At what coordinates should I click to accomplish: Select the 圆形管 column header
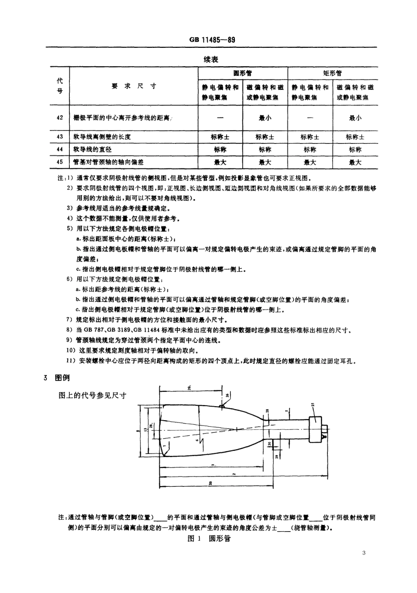pyautogui.click(x=242, y=73)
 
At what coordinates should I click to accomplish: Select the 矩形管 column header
pyautogui.click(x=332, y=73)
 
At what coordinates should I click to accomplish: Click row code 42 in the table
pyautogui.click(x=60, y=118)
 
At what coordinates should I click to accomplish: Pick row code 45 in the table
pyautogui.click(x=60, y=162)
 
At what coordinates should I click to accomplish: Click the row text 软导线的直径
pyautogui.click(x=93, y=150)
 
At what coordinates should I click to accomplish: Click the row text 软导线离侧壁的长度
pyautogui.click(x=102, y=137)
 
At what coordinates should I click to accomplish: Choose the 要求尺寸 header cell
pyautogui.click(x=134, y=86)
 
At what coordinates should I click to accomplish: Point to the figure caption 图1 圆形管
pyautogui.click(x=209, y=538)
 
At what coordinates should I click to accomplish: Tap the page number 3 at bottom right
pyautogui.click(x=364, y=552)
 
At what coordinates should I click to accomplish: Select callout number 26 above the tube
pyautogui.click(x=227, y=396)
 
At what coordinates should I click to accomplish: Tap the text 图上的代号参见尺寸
pyautogui.click(x=92, y=395)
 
